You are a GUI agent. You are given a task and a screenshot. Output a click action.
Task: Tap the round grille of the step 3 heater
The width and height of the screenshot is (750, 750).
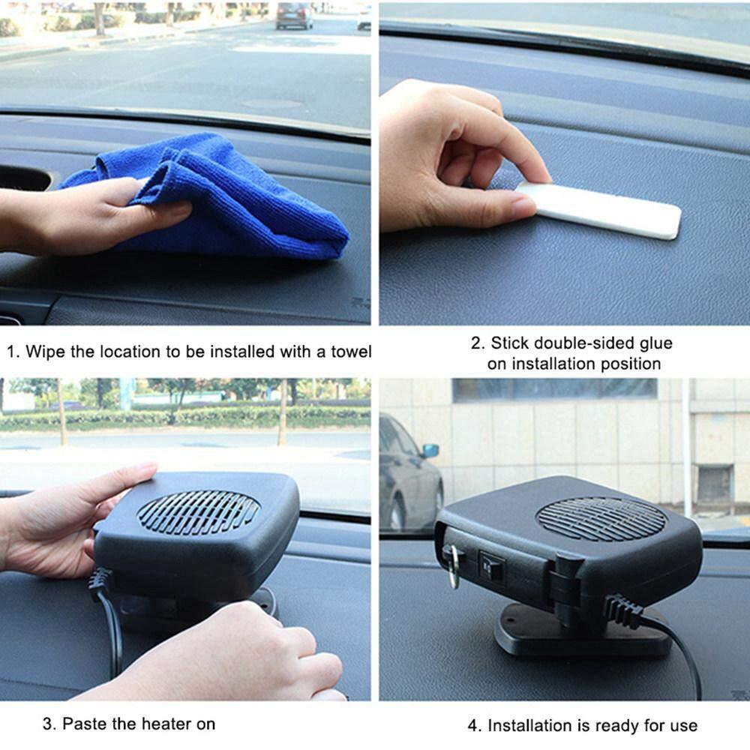tap(199, 512)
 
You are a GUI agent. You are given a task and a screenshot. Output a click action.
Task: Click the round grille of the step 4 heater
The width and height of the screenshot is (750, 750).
tap(601, 519)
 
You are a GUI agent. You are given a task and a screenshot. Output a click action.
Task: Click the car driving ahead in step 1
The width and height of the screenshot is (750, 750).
tap(294, 15)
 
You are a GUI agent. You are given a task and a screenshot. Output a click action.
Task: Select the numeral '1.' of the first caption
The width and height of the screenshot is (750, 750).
tap(13, 352)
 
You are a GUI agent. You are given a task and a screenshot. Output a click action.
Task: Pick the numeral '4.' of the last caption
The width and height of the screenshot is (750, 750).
tap(475, 726)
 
